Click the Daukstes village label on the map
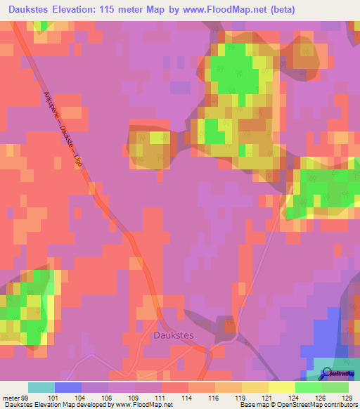pyautogui.click(x=172, y=336)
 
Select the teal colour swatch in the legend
pyautogui.click(x=41, y=387)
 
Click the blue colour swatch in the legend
pyautogui.click(x=68, y=387)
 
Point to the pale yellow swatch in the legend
pyautogui.click(x=282, y=387)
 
